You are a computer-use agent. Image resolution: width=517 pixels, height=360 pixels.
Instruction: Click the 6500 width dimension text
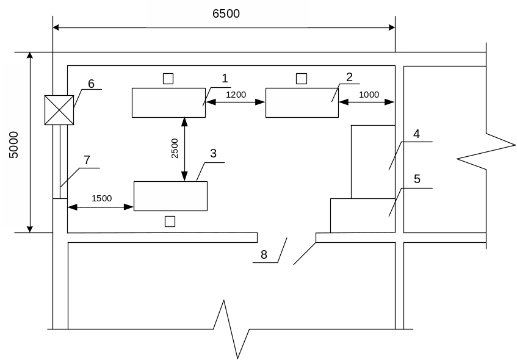point(226,14)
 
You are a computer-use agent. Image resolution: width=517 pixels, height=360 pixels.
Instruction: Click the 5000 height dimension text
point(14,145)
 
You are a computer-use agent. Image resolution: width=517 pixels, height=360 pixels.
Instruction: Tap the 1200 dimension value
point(236,95)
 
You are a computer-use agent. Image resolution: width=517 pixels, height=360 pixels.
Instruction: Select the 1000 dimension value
point(369,95)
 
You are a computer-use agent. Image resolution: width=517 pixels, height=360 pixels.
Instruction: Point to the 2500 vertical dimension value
point(175,148)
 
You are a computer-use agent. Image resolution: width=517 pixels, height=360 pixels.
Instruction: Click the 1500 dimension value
point(102,198)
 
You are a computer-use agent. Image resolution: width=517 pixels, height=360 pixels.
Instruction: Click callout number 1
point(225,78)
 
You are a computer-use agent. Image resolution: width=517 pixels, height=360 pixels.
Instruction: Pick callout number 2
point(349,77)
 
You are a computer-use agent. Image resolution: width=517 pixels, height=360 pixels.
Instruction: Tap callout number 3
point(214,153)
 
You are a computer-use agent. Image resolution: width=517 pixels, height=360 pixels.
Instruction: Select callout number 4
point(416,134)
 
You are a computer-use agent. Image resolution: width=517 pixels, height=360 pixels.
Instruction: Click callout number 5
point(417,179)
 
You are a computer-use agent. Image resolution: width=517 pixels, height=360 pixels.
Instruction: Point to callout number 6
point(92,84)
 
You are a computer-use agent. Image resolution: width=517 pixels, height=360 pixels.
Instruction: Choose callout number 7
point(87,160)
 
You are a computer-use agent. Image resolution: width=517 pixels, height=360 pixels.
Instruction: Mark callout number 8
point(264,254)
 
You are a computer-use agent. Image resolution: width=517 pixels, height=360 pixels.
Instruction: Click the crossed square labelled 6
point(59,110)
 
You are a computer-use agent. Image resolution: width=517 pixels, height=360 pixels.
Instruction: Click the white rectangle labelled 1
point(168,103)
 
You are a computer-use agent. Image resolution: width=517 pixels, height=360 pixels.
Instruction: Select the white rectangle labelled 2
point(302,103)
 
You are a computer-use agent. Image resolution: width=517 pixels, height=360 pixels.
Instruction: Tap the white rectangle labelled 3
point(170,196)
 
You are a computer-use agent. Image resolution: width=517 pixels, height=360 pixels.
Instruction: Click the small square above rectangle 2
point(301,78)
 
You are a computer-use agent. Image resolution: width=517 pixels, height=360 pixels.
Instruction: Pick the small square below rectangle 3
point(170,221)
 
